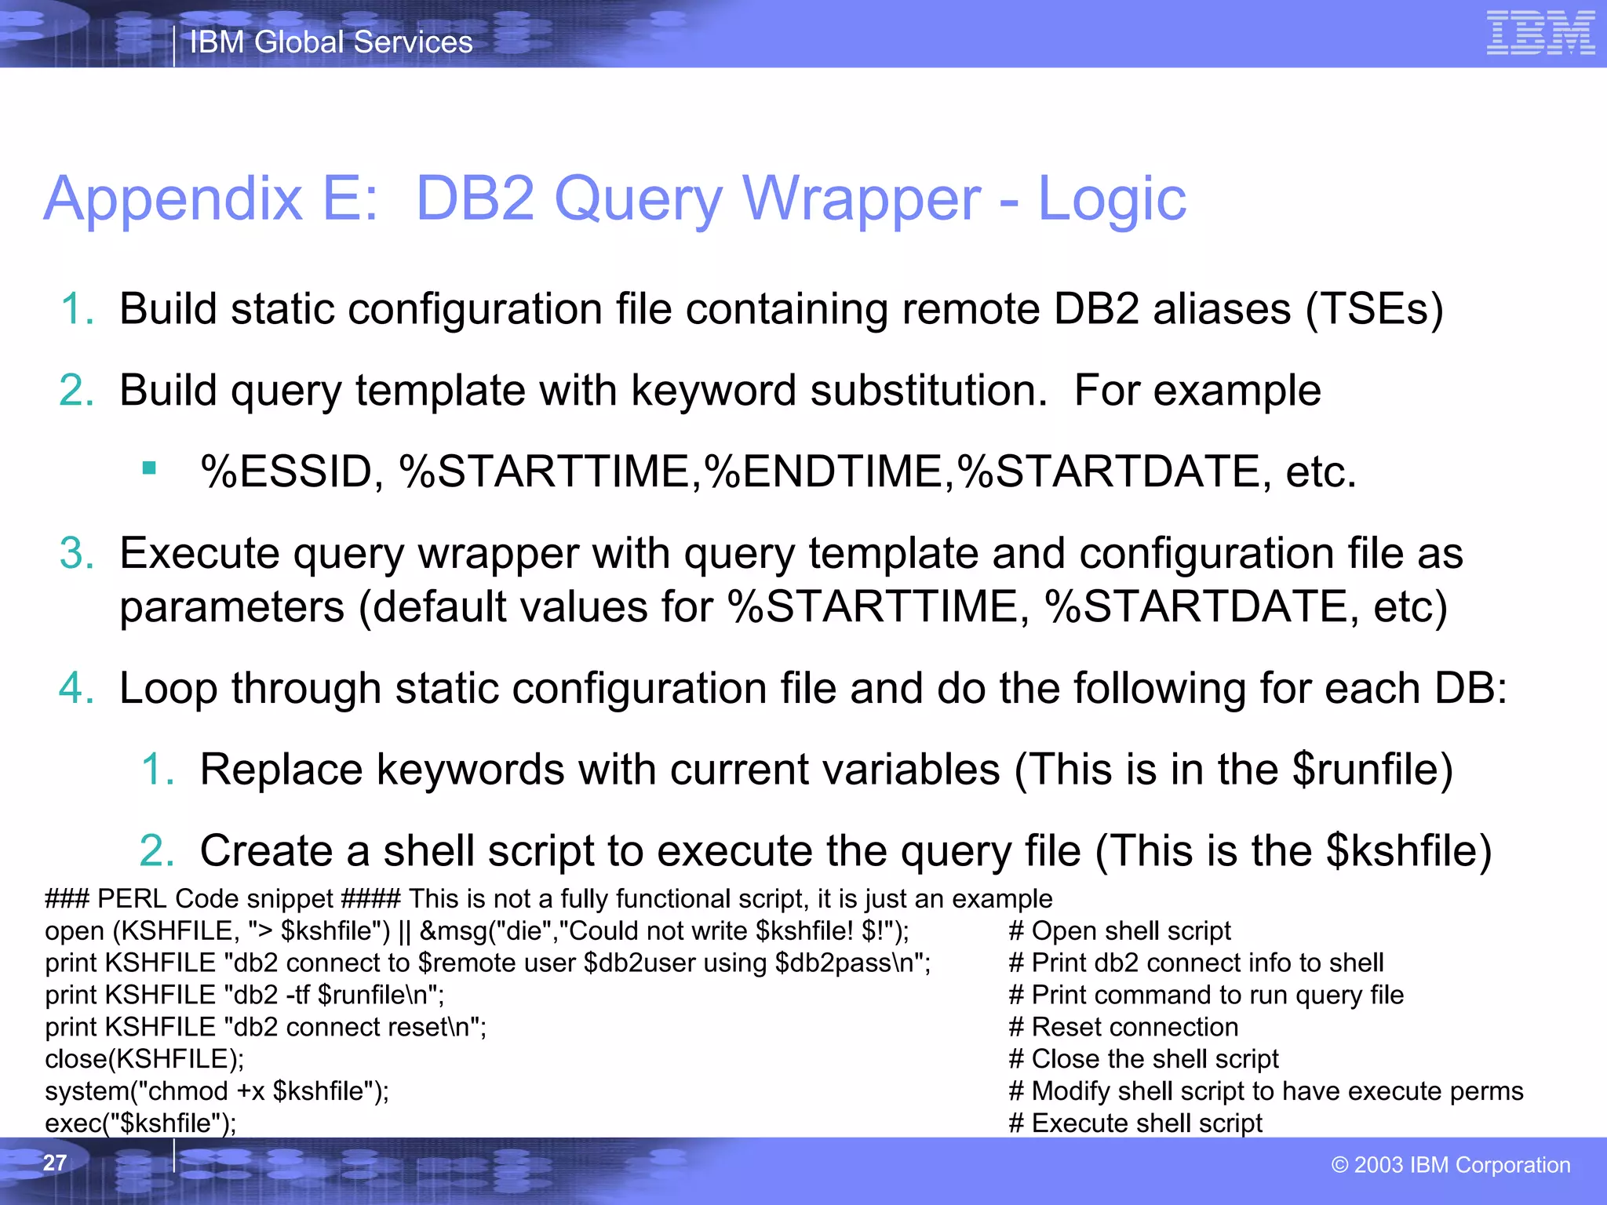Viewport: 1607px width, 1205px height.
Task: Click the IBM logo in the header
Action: click(x=1540, y=33)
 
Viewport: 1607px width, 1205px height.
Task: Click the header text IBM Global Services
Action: click(x=331, y=42)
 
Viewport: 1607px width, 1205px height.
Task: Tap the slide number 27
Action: click(x=55, y=1163)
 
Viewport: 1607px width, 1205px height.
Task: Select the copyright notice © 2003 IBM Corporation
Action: click(x=1451, y=1165)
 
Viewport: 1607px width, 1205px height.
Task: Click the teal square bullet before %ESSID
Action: click(x=149, y=469)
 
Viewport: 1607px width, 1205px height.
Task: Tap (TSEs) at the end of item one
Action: click(x=1374, y=309)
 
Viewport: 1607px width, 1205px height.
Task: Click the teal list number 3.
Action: click(x=76, y=553)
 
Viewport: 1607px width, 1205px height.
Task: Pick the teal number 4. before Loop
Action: click(x=76, y=688)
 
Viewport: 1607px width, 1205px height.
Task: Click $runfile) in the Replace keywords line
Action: click(x=1372, y=769)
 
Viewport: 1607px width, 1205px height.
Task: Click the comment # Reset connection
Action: click(x=1123, y=1027)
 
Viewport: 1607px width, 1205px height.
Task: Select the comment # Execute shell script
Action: click(x=1135, y=1123)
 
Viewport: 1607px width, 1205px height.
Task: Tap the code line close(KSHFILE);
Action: click(x=144, y=1059)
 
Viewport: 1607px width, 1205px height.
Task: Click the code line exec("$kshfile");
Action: click(x=140, y=1123)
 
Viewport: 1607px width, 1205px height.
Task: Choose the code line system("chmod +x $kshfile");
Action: click(x=217, y=1091)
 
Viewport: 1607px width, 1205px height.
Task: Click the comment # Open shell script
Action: click(x=1120, y=930)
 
